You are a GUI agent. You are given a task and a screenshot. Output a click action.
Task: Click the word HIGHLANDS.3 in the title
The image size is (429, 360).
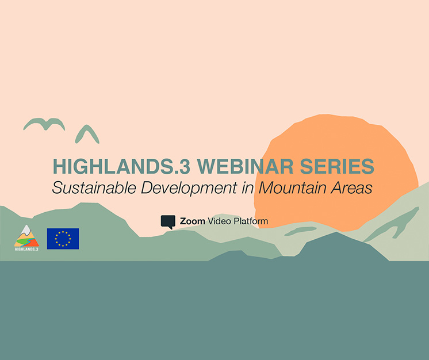point(121,166)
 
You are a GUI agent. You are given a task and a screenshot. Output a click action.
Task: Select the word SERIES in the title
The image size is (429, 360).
point(337,166)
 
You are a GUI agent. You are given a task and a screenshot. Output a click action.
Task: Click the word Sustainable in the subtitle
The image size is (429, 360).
point(94,187)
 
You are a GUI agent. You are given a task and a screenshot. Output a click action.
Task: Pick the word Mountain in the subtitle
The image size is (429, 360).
point(293,187)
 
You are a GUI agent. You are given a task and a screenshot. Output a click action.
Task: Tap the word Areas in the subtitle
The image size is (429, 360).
point(351,187)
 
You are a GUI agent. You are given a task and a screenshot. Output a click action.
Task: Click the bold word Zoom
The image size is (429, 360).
point(192,221)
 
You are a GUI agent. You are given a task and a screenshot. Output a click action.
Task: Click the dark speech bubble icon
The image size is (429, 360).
point(168,222)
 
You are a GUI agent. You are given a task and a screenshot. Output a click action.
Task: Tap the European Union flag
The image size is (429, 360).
point(63,239)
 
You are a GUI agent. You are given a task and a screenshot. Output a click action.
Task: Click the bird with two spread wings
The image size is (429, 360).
point(44,124)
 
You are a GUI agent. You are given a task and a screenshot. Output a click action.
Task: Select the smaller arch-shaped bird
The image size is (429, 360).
point(87,134)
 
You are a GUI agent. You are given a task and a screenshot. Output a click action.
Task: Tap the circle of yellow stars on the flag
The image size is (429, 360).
point(63,239)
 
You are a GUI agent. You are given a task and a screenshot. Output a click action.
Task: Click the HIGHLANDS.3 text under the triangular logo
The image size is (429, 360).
point(26,249)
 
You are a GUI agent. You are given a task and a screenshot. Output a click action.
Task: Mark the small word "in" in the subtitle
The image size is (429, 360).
point(248,187)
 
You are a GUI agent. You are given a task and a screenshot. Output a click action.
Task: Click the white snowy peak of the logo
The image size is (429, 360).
point(26,231)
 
